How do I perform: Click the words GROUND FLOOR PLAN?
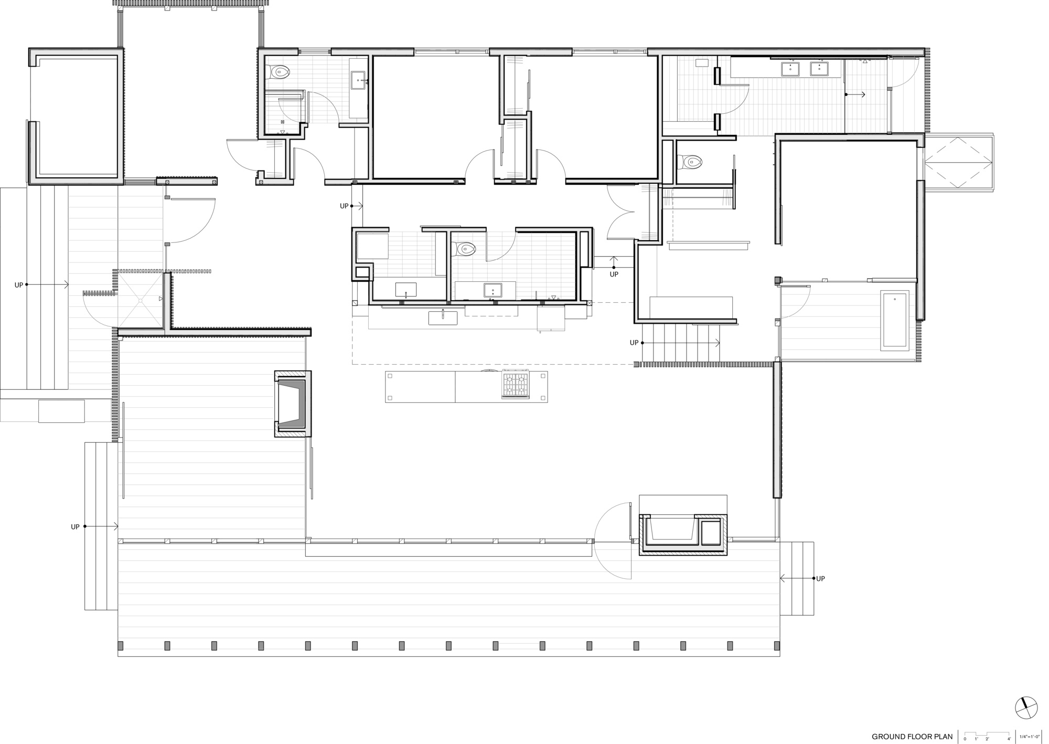pyautogui.click(x=912, y=737)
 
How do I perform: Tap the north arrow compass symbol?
pyautogui.click(x=1026, y=708)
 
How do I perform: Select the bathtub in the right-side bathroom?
pyautogui.click(x=895, y=320)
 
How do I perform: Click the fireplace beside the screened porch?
pyautogui.click(x=293, y=403)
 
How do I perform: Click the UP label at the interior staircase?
pyautogui.click(x=634, y=343)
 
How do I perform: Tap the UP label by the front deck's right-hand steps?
pyautogui.click(x=820, y=579)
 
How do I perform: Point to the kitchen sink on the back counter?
pyautogui.click(x=443, y=317)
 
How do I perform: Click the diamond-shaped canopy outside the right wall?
pyautogui.click(x=958, y=163)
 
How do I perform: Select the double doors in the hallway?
pyautogui.click(x=622, y=212)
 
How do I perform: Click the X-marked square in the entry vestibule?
pyautogui.click(x=140, y=300)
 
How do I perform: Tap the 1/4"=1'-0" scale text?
pyautogui.click(x=1030, y=737)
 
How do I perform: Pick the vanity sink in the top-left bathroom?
pyautogui.click(x=359, y=80)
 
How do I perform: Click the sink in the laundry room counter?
pyautogui.click(x=405, y=289)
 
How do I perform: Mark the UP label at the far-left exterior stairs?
pyautogui.click(x=19, y=285)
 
